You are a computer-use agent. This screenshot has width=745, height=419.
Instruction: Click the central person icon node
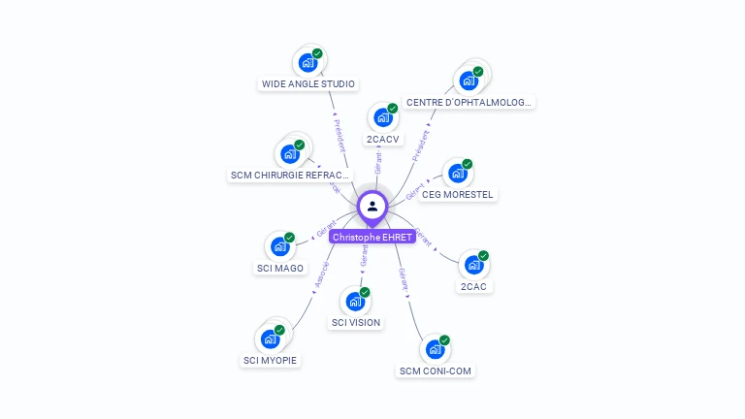pyautogui.click(x=372, y=207)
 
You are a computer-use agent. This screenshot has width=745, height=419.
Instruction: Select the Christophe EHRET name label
pyautogui.click(x=372, y=237)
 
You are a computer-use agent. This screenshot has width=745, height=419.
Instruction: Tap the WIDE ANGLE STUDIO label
pyautogui.click(x=308, y=84)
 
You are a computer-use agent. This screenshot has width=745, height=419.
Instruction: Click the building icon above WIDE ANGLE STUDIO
pyautogui.click(x=308, y=63)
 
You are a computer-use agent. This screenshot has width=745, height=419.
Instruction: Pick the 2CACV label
pyautogui.click(x=382, y=140)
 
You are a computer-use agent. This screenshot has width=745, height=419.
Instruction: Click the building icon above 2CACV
pyautogui.click(x=382, y=118)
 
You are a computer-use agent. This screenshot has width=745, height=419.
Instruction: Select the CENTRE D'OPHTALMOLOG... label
pyautogui.click(x=470, y=103)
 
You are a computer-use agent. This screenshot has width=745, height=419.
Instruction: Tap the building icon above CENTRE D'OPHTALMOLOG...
pyautogui.click(x=470, y=80)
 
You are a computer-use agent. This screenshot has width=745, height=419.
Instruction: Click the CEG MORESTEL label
pyautogui.click(x=458, y=195)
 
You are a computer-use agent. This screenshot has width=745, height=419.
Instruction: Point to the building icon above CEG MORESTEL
pyautogui.click(x=457, y=174)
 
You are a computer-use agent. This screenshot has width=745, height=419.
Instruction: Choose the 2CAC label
pyautogui.click(x=473, y=287)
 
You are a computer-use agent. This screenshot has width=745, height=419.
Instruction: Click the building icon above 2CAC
pyautogui.click(x=473, y=265)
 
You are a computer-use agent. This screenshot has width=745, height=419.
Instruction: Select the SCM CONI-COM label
pyautogui.click(x=436, y=371)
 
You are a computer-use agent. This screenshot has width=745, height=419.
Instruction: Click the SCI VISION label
pyautogui.click(x=356, y=323)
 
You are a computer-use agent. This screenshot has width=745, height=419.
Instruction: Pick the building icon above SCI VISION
pyautogui.click(x=355, y=302)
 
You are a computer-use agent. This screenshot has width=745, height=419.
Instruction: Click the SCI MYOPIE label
pyautogui.click(x=271, y=361)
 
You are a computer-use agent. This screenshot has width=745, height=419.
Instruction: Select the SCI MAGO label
pyautogui.click(x=279, y=269)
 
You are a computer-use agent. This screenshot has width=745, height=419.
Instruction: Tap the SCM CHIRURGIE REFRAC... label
pyautogui.click(x=289, y=176)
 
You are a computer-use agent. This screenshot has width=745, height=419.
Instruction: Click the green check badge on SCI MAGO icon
pyautogui.click(x=289, y=238)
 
